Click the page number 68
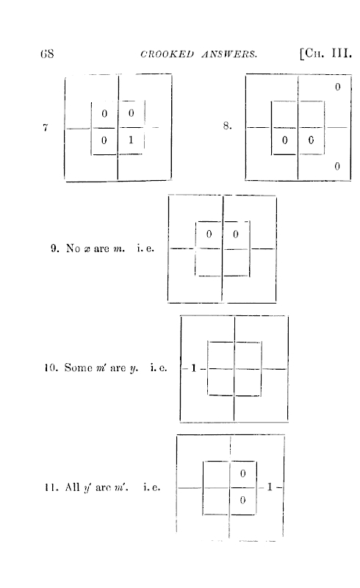[x=47, y=54]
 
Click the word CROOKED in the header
[x=168, y=54]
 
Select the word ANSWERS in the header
[x=229, y=54]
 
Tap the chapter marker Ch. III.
[x=325, y=53]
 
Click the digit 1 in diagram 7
[x=131, y=140]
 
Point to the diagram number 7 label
[x=46, y=127]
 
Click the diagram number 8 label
[x=227, y=126]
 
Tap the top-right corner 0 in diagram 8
[x=337, y=87]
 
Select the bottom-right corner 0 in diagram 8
[x=337, y=166]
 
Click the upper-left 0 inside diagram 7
[x=104, y=113]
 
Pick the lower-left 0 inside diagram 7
[x=104, y=140]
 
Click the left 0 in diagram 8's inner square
[x=284, y=140]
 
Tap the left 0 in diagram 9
[x=209, y=234]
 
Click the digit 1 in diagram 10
[x=193, y=368]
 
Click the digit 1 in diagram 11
[x=270, y=487]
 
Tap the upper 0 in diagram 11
[x=242, y=473]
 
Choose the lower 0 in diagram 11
[x=242, y=500]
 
